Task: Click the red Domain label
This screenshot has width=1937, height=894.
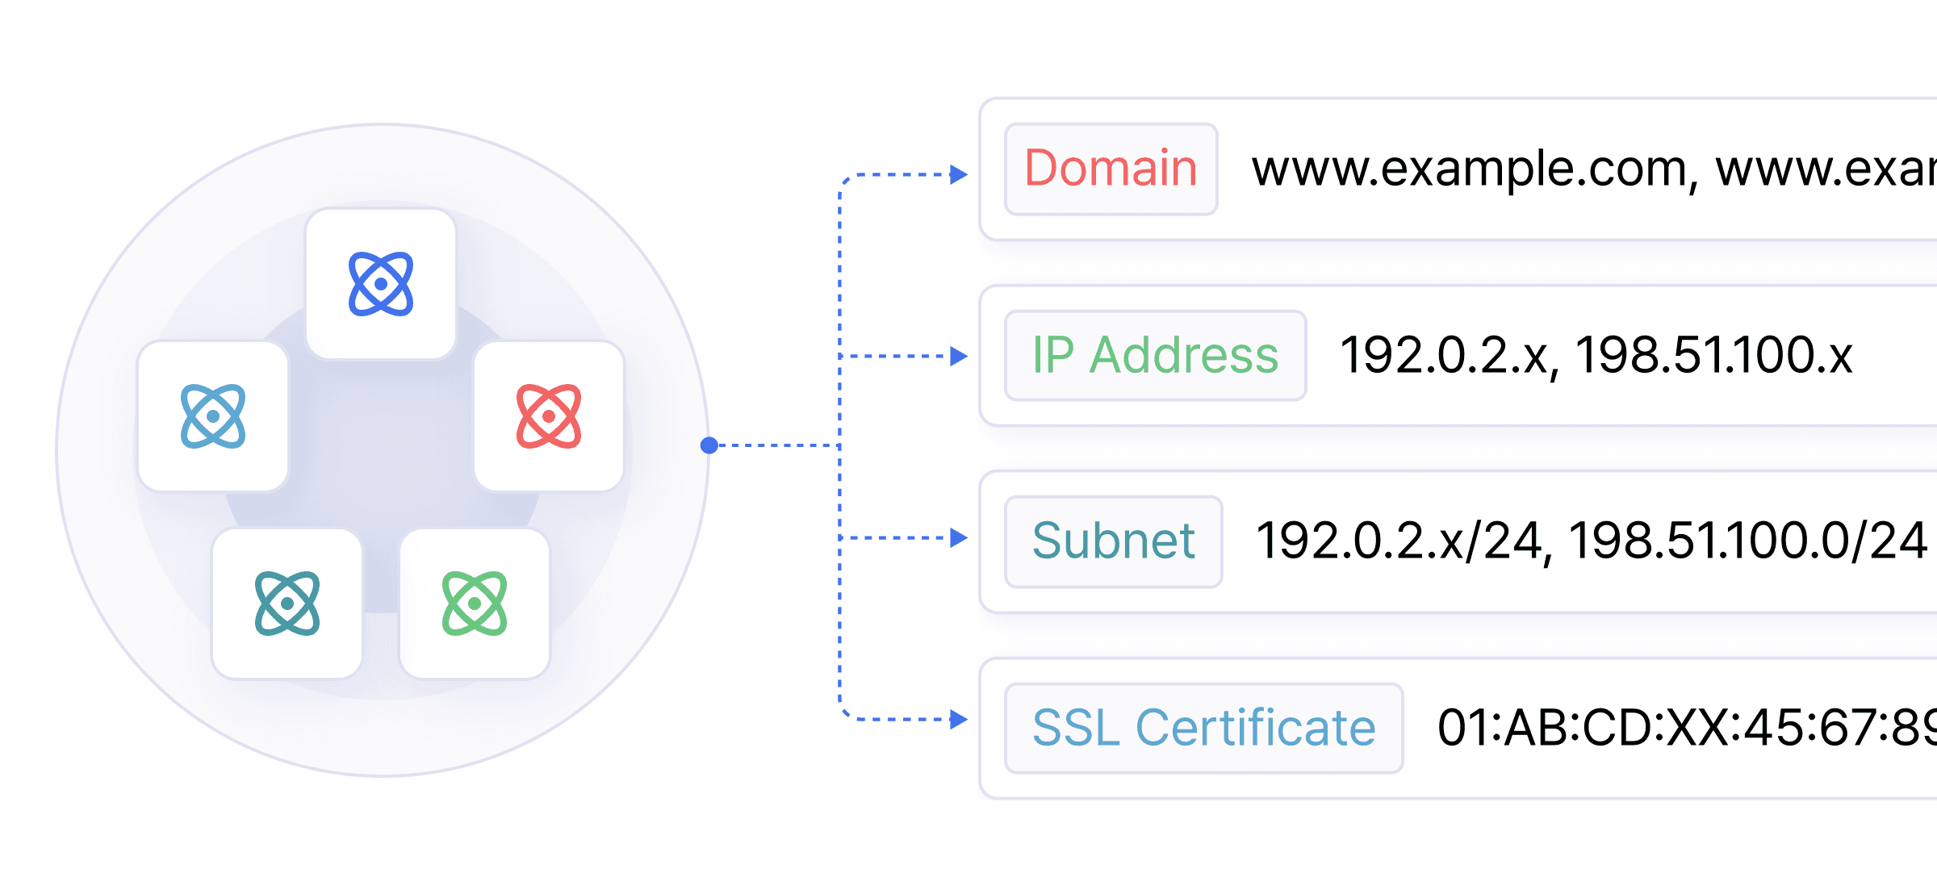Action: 1111,169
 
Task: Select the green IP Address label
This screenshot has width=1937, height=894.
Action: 1155,355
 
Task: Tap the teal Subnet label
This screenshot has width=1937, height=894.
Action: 1113,541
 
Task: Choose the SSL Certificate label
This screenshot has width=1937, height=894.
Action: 1203,728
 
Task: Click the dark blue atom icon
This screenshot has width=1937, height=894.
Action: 381,284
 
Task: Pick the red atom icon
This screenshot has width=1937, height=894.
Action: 549,416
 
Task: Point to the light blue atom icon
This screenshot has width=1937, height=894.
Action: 213,416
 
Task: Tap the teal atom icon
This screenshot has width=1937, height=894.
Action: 287,604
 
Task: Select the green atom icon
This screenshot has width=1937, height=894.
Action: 475,604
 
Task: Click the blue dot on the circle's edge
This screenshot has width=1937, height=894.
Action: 709,445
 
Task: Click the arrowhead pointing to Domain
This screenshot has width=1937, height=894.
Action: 959,174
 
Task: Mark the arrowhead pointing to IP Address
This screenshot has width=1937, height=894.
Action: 959,356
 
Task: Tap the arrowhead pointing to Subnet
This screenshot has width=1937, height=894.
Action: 959,537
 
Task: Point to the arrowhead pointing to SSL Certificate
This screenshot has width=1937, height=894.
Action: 959,719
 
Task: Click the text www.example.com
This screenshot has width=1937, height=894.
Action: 1469,169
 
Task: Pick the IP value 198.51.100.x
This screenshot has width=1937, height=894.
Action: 1713,355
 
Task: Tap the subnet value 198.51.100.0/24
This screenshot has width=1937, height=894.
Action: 1747,541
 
